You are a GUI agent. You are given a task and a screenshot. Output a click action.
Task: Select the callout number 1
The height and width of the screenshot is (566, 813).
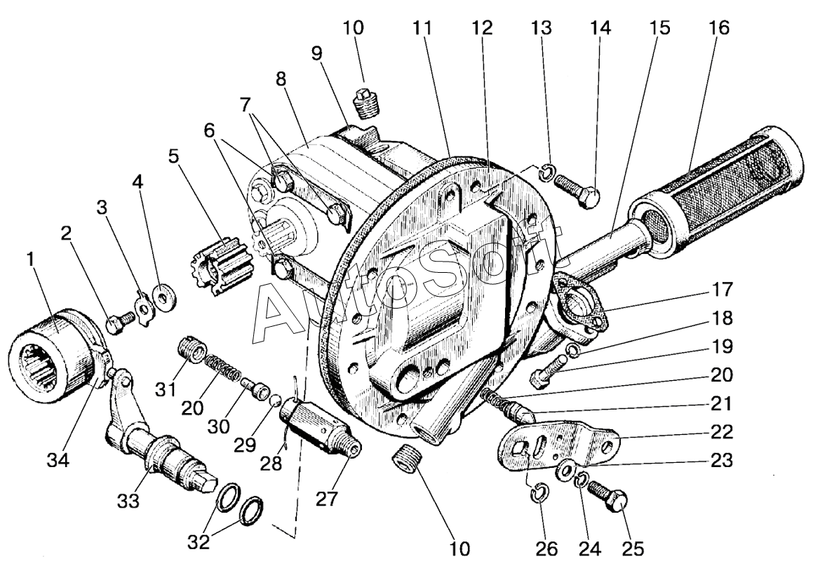[x=31, y=260]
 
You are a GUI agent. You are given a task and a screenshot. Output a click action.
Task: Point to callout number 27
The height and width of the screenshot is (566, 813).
[x=328, y=498]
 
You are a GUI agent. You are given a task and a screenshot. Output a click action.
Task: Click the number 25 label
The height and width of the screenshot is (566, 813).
[x=632, y=548]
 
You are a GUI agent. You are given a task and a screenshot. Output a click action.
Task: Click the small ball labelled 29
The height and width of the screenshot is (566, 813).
[x=276, y=400]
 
